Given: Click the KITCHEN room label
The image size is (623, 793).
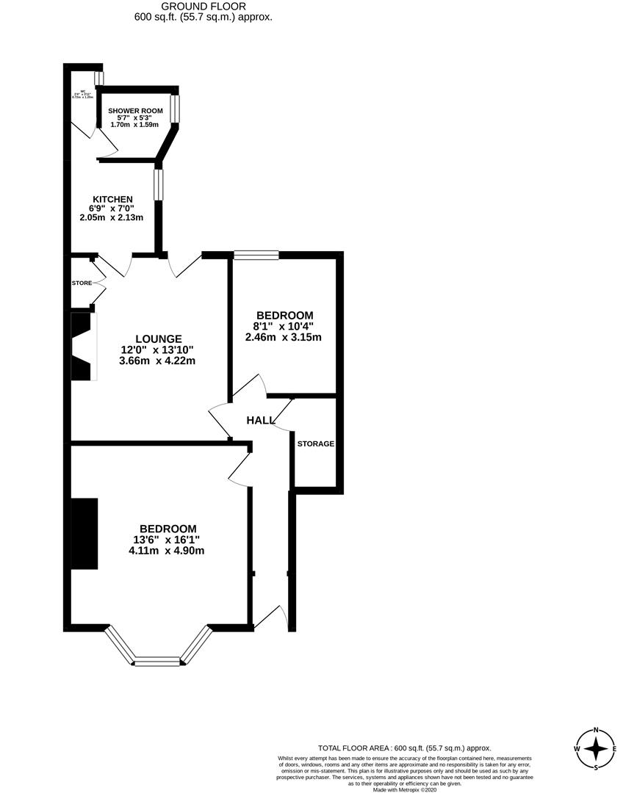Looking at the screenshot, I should click(x=112, y=199).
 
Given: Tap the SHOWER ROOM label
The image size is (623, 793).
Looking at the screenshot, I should click(x=136, y=111).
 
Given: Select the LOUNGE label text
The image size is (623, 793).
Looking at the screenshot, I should click(x=158, y=338).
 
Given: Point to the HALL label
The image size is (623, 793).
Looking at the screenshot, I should click(x=261, y=420).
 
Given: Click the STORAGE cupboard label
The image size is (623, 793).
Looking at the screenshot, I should click(x=316, y=443).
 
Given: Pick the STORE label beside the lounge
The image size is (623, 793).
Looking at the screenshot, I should click(x=82, y=283).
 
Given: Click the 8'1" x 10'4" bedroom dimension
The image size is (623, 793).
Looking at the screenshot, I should click(x=284, y=326).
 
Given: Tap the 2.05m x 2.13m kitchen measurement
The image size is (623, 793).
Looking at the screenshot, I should click(x=112, y=217).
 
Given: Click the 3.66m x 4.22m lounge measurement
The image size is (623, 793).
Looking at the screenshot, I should click(x=158, y=361).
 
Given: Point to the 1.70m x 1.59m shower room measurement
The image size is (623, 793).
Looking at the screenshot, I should click(x=134, y=125).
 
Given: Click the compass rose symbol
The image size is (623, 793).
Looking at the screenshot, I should click(x=595, y=748).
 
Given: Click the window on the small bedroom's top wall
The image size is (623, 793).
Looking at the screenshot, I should click(x=256, y=255).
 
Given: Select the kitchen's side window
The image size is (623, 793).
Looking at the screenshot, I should click(x=158, y=184).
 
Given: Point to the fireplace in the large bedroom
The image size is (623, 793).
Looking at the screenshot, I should click(x=84, y=534).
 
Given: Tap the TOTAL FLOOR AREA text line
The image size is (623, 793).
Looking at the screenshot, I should click(x=404, y=747).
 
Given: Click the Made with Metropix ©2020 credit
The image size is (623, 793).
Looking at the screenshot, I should click(x=404, y=789).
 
